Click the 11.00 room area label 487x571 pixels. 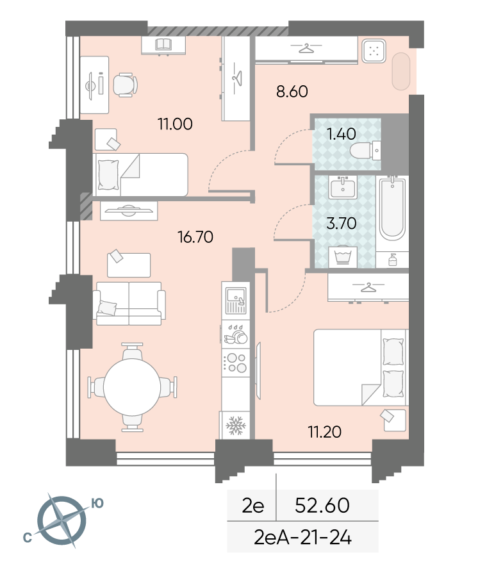[175, 124]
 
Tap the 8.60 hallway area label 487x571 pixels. [292, 92]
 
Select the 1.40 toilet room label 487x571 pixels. [341, 134]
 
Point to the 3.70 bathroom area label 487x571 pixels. [341, 223]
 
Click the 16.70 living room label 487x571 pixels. [195, 237]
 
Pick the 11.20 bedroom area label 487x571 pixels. [324, 432]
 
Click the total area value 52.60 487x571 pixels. [322, 506]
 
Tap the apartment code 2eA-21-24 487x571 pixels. [302, 538]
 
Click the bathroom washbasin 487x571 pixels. [342, 188]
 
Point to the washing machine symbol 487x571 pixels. [343, 258]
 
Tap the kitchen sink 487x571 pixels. [236, 301]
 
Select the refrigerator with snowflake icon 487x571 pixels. [236, 425]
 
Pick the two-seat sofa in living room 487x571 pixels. [129, 304]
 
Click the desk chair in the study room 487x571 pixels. [125, 85]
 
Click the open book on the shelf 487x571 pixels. [163, 44]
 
